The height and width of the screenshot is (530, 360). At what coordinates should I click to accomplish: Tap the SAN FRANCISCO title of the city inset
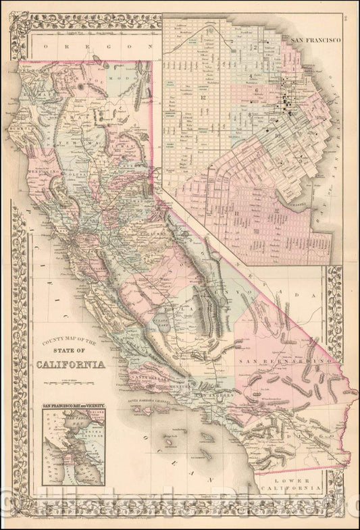pos(315,41)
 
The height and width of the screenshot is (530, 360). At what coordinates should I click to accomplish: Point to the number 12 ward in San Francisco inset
pos(203,99)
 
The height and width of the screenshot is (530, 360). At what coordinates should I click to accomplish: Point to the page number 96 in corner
pos(353,8)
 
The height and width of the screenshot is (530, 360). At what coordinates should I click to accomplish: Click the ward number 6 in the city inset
pos(257,89)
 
